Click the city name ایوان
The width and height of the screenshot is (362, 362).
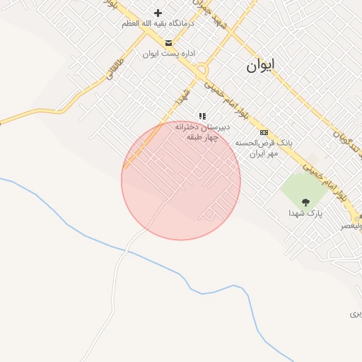coord(261,66)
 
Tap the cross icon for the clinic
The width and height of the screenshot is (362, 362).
coord(158,13)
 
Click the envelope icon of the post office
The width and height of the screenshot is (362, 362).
coord(168,43)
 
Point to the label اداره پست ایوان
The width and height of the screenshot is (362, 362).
coord(168,54)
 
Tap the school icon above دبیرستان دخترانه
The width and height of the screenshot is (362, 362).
coord(202,116)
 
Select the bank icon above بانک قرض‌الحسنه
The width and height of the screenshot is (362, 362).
coord(264,132)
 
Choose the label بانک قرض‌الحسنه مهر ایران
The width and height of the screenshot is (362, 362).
coord(264,148)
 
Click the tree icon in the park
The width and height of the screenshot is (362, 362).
coord(305,202)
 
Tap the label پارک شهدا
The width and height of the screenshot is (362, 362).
coord(305,213)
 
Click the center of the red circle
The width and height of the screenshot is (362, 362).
coord(181,180)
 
